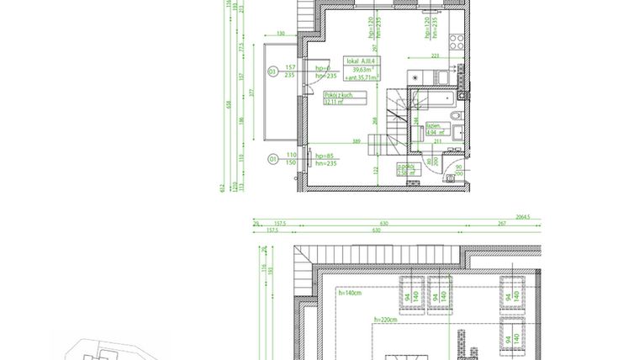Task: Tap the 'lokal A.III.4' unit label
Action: coord(362,61)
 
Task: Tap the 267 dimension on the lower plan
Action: coord(501,224)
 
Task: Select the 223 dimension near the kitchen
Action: coord(435,56)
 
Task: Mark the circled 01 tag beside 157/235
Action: coord(272,72)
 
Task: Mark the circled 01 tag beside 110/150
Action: coord(272,158)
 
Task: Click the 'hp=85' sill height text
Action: coord(325,156)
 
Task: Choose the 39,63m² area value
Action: coord(362,70)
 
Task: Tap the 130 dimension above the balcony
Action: coord(280,34)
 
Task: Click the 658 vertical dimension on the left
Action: coord(226,104)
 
